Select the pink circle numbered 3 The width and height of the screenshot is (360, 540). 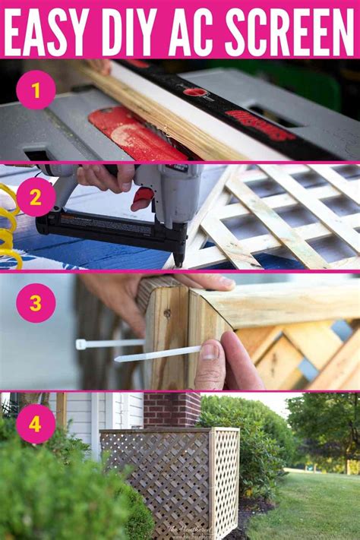coord(36,303)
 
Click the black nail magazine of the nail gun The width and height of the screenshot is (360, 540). coord(110,228)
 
